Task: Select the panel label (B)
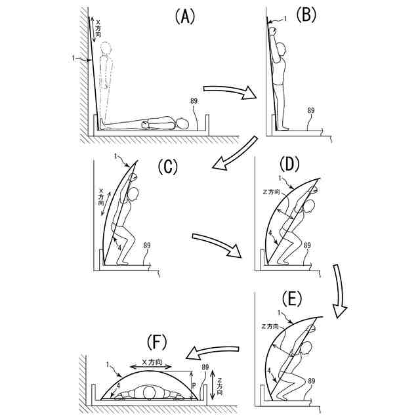(x=306, y=16)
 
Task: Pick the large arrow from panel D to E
(x=337, y=289)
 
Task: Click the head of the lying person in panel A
(x=182, y=123)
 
